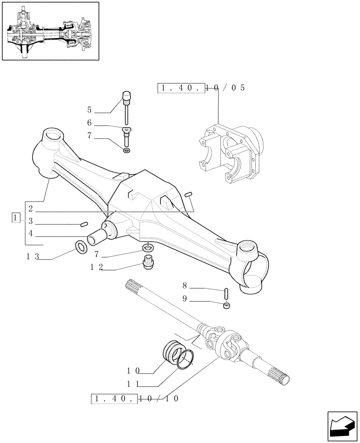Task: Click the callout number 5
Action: [89, 110]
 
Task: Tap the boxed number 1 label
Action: [16, 218]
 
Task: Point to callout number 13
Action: [33, 256]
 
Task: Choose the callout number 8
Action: [184, 286]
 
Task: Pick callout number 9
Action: [184, 299]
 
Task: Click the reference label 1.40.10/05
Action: [201, 88]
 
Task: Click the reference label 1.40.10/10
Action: [135, 398]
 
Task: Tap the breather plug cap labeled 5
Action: [127, 96]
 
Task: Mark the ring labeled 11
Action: [185, 358]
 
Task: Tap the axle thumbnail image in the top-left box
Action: [50, 31]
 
